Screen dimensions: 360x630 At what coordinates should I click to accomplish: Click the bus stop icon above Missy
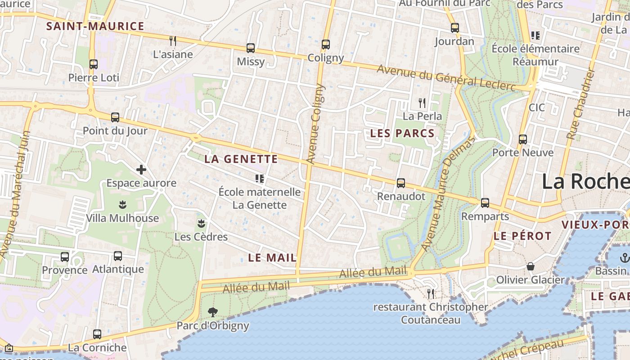251,48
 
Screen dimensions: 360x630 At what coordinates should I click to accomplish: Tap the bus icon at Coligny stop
326,44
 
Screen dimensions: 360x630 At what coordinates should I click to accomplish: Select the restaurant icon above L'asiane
173,40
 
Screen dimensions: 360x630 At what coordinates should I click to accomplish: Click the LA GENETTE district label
241,159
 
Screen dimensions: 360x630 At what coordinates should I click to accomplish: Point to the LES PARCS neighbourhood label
402,133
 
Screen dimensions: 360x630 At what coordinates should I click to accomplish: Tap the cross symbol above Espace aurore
141,170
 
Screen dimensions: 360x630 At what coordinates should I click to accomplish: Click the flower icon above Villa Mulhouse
122,205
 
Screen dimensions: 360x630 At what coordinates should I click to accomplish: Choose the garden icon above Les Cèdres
201,223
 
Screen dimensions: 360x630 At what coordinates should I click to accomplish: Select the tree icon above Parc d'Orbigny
212,312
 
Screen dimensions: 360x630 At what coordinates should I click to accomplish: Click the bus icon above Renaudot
401,183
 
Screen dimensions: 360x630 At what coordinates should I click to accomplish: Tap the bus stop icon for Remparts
485,203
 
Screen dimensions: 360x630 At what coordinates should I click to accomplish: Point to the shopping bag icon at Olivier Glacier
531,266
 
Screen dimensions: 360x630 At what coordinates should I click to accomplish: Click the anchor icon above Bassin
624,258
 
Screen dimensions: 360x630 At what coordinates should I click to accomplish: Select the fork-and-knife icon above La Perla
422,103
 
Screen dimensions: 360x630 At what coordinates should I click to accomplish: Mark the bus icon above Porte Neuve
522,139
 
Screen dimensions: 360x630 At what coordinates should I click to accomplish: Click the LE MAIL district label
273,258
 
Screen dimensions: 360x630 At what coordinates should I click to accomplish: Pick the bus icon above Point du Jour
115,117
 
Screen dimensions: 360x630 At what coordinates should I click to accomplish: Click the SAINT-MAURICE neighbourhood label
95,26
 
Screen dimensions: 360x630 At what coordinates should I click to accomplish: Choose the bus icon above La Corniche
97,334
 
